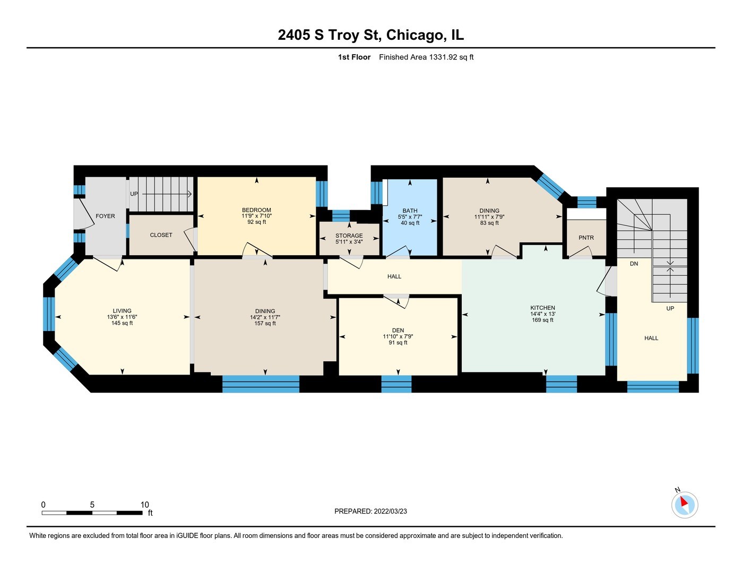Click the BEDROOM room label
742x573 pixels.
point(256,210)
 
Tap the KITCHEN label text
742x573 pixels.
point(542,308)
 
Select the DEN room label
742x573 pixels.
point(398,330)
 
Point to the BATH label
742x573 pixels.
point(410,211)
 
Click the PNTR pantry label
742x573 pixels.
point(586,238)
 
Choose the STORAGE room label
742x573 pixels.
point(349,236)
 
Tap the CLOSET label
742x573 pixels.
point(161,235)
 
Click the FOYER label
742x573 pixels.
point(105,216)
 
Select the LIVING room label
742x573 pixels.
point(122,310)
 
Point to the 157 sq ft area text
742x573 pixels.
point(265,323)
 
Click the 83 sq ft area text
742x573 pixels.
point(489,223)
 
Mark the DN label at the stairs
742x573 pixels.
point(634,264)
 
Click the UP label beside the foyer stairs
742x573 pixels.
point(134,194)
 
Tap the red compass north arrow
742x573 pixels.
point(684,501)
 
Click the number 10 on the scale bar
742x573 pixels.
point(145,505)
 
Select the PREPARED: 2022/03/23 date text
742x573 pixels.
point(370,511)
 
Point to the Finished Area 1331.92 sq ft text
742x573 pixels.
point(426,57)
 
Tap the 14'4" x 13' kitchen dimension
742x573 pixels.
point(542,314)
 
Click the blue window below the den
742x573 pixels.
point(396,384)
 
